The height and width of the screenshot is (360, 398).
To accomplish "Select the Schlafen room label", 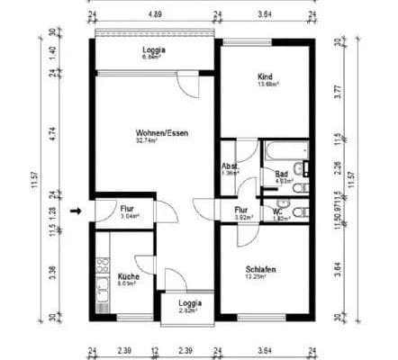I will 260,269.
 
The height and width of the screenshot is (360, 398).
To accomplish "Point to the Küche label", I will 128,276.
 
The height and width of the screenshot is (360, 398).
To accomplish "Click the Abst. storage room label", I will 230,168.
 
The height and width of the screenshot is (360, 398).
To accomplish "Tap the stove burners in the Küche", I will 102,266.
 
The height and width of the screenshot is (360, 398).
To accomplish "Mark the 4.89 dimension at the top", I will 155,15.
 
